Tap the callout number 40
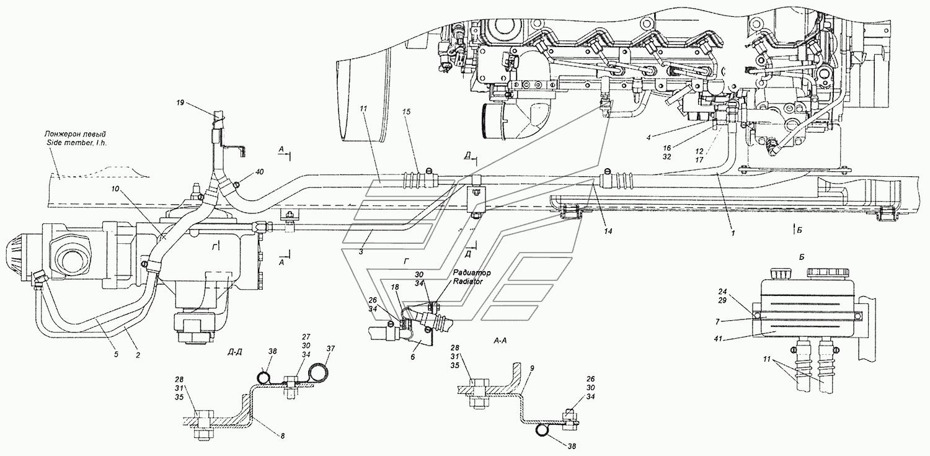click(260, 172)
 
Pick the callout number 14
click(608, 232)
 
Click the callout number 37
click(330, 349)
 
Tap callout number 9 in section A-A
click(532, 367)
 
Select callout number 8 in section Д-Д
click(282, 436)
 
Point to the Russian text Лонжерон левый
click(75, 134)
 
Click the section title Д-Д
click(235, 352)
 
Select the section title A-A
click(500, 341)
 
